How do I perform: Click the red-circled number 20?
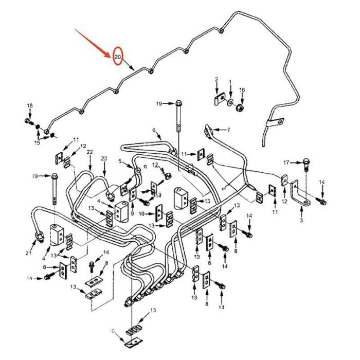[x=118, y=56]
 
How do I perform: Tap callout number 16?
[x=242, y=90]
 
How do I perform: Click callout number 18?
[x=30, y=106]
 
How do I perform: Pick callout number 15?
[x=37, y=142]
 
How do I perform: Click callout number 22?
[x=90, y=152]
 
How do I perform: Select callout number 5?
[x=121, y=161]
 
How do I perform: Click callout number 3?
[x=301, y=220]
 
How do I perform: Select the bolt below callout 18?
[x=27, y=121]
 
